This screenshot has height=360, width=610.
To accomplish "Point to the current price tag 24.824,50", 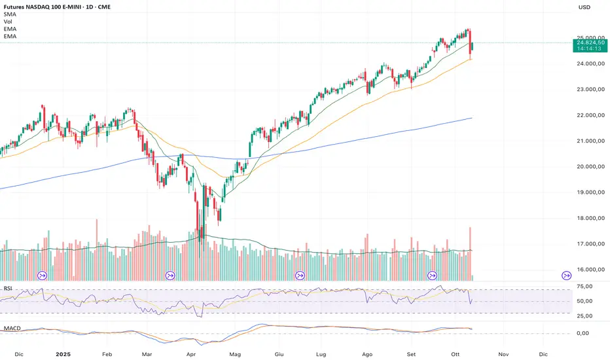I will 589,43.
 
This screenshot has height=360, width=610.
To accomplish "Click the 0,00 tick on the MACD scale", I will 588,333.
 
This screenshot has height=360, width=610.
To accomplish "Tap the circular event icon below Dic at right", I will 567,275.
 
